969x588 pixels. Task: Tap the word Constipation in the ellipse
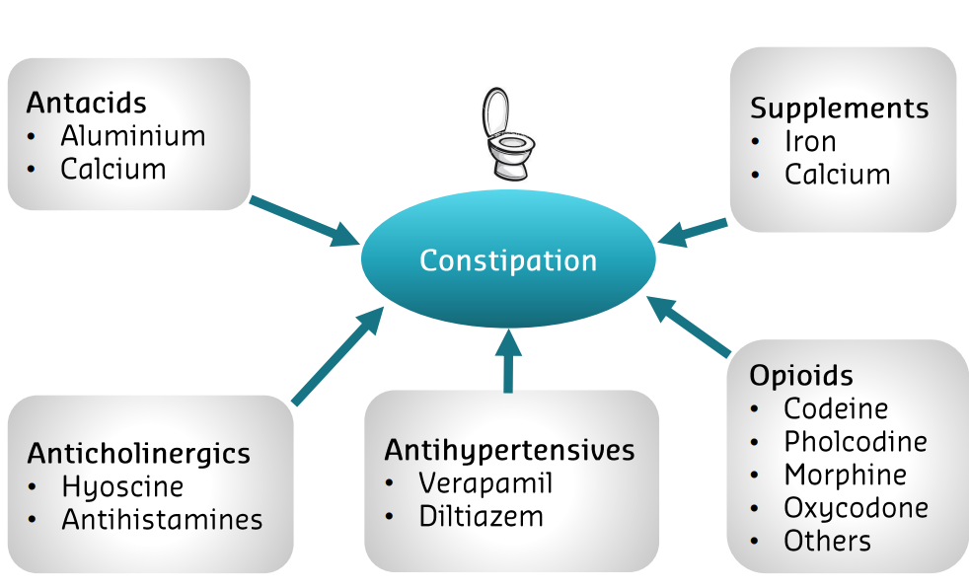508,261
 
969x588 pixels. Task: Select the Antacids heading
87,103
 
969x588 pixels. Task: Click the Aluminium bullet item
133,136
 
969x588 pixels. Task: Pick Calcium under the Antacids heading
113,169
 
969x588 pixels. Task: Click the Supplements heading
840,109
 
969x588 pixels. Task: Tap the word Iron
810,141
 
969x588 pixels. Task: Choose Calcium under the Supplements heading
838,175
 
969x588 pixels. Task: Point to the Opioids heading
801,376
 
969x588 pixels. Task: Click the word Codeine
836,408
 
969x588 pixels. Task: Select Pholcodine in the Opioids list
856,441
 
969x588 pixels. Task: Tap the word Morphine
846,475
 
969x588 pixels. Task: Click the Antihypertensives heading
509,451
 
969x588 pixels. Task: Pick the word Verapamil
485,483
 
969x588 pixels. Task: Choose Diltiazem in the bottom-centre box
481,516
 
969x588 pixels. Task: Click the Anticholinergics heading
139,454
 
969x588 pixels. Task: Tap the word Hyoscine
122,486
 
